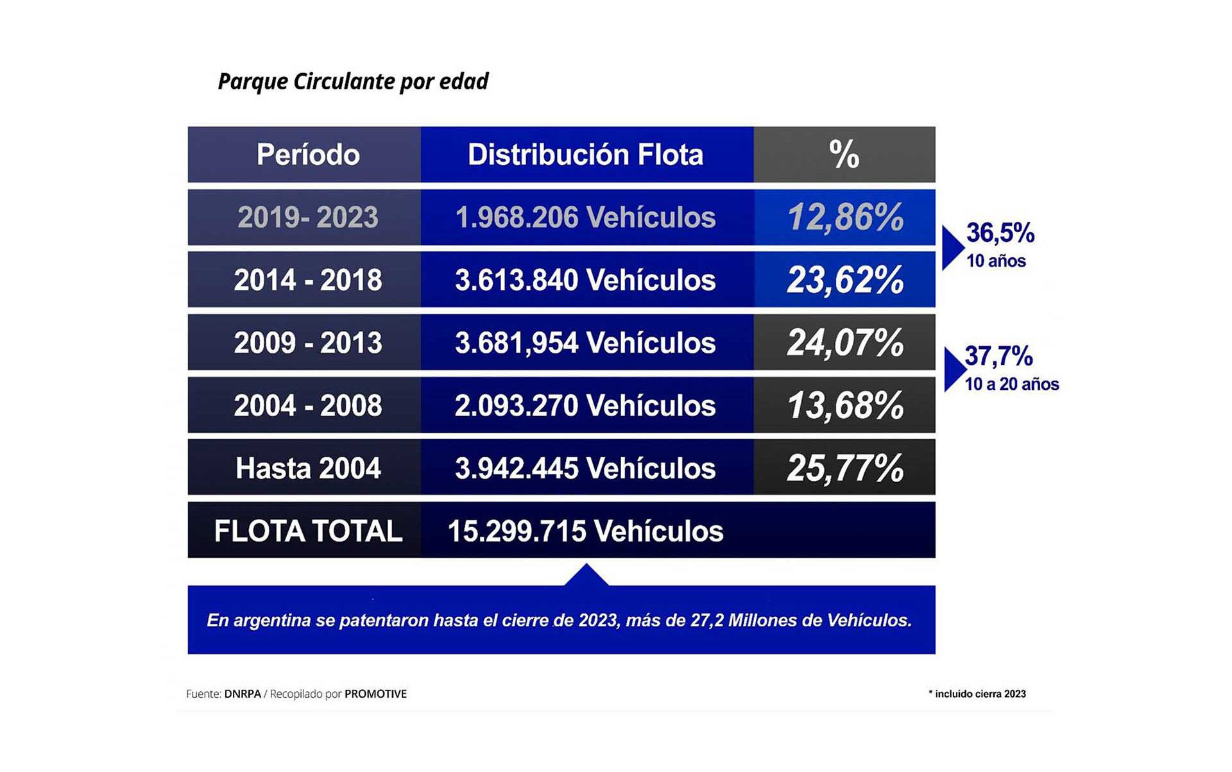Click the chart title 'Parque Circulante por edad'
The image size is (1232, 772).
[353, 81]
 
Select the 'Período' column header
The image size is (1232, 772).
[308, 155]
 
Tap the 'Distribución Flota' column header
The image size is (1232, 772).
[585, 155]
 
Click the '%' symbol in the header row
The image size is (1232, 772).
[844, 155]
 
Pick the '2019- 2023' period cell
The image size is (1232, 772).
[308, 217]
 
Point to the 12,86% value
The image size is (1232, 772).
[845, 217]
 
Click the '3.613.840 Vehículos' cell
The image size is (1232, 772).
[585, 280]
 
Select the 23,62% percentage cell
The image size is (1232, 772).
[845, 280]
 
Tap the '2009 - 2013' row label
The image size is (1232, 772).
[308, 343]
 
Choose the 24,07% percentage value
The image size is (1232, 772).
[845, 343]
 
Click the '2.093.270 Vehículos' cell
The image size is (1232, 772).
[585, 406]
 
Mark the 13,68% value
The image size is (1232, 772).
[845, 406]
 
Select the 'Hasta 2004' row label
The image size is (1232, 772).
[308, 468]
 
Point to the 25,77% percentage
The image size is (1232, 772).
[845, 468]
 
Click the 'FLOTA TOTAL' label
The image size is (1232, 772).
[308, 531]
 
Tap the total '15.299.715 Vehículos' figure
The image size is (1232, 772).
[585, 531]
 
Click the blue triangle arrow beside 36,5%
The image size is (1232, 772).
[952, 248]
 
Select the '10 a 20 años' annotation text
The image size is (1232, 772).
[1012, 384]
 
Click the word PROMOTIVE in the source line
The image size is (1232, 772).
[375, 694]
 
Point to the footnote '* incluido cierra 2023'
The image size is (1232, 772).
[977, 694]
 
